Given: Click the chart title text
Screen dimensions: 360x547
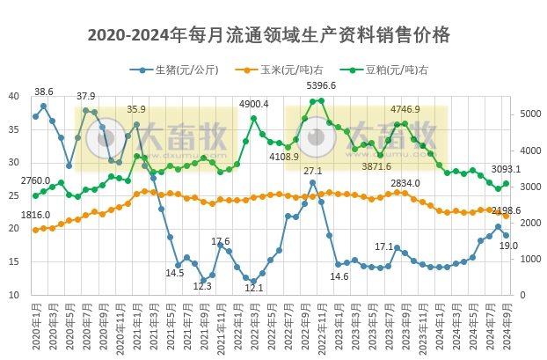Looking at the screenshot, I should click(x=269, y=35).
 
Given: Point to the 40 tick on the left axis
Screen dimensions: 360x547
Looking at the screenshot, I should click(x=14, y=96).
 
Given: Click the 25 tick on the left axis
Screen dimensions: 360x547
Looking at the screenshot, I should click(x=14, y=195).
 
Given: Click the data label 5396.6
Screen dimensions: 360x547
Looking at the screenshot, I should click(x=320, y=86).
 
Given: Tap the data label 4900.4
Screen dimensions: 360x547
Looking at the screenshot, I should click(x=253, y=104).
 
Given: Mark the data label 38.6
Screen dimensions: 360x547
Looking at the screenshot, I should click(x=43, y=92).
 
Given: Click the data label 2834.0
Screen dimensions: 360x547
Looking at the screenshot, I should click(x=405, y=183).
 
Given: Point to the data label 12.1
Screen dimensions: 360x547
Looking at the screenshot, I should click(x=253, y=288).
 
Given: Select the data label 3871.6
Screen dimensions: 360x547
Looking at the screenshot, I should click(x=376, y=166).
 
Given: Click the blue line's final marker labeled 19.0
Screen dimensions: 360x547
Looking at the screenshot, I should click(x=506, y=235).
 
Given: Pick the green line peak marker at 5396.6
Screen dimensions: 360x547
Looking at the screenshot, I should click(x=320, y=100).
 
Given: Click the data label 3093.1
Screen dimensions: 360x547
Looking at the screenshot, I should click(x=506, y=169).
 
